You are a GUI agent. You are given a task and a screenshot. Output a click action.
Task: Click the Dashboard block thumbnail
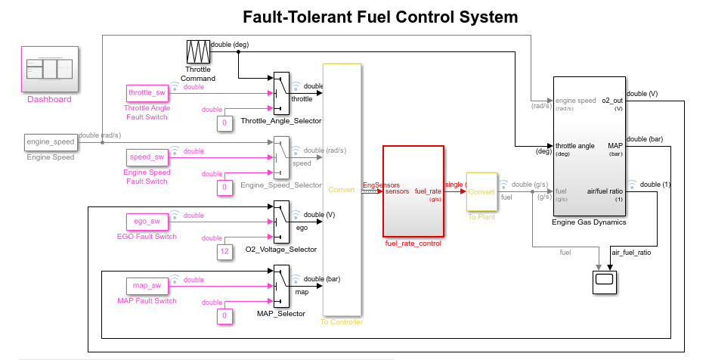pyautogui.click(x=50, y=69)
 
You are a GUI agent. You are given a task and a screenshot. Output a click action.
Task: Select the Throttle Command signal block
pyautogui.click(x=198, y=52)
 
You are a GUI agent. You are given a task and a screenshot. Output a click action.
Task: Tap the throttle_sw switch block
pyautogui.click(x=147, y=93)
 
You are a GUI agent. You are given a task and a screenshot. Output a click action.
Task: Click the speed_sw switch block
pyautogui.click(x=147, y=157)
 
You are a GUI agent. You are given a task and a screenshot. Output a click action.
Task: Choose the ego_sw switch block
pyautogui.click(x=147, y=222)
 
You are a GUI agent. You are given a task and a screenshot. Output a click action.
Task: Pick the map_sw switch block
pyautogui.click(x=147, y=286)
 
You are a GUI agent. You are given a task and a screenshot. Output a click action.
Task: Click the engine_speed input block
pyautogui.click(x=51, y=141)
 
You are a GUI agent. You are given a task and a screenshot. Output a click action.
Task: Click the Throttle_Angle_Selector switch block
pyautogui.click(x=281, y=93)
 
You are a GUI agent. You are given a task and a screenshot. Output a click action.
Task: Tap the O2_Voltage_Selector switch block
pyautogui.click(x=281, y=221)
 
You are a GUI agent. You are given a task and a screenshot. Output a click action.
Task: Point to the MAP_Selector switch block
pyautogui.click(x=281, y=285)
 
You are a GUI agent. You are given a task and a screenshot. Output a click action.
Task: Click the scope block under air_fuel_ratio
pyautogui.click(x=605, y=281)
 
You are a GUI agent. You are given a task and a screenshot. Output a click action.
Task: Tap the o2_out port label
pyautogui.click(x=611, y=100)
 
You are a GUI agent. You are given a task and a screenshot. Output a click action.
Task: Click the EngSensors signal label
pyautogui.click(x=381, y=185)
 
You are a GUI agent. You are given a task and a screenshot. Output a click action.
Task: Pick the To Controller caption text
pyautogui.click(x=342, y=322)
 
